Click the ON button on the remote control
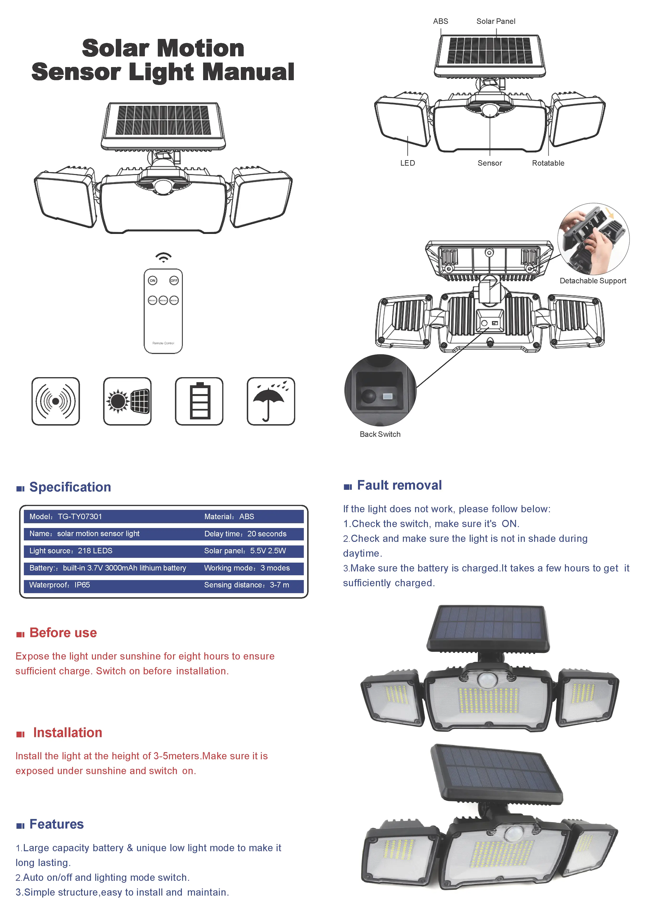tap(153, 280)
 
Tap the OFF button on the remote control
tap(174, 280)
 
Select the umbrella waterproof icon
tap(271, 401)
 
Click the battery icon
tap(199, 401)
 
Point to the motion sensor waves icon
tap(56, 401)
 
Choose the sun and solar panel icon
tap(127, 401)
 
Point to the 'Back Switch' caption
tap(380, 434)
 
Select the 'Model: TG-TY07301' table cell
tap(66, 516)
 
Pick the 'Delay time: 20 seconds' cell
tap(245, 534)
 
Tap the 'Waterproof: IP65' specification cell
tap(59, 585)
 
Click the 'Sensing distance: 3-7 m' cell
tap(246, 585)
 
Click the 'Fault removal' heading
tap(399, 485)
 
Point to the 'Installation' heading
tap(67, 732)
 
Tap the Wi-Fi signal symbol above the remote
tap(163, 257)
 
